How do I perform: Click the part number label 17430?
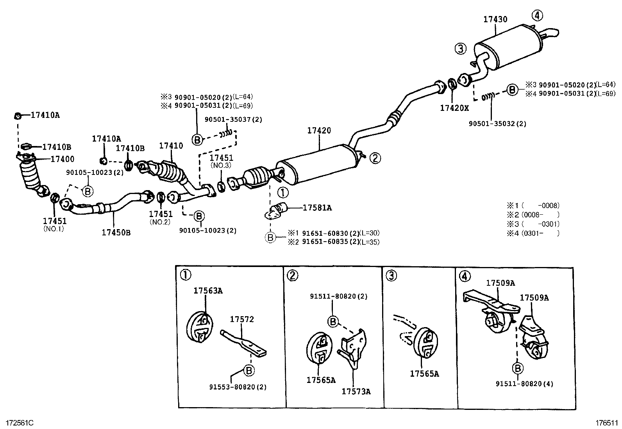point(495,19)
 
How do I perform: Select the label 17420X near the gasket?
point(454,108)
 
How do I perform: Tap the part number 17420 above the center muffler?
point(319,130)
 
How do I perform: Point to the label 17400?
point(62,159)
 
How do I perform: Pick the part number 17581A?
point(317,208)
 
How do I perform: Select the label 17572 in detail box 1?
point(241,319)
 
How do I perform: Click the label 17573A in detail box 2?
point(356,391)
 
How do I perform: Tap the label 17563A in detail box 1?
point(208,290)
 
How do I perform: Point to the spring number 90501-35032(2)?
point(497,123)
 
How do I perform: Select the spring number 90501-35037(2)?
point(233,119)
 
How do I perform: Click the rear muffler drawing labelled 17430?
point(508,45)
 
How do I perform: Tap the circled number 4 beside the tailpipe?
point(537,16)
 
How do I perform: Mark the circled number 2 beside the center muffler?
point(375,158)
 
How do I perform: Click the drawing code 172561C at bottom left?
point(20,422)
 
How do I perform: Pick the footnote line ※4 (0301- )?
point(533,233)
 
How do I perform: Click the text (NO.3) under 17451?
point(221,166)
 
